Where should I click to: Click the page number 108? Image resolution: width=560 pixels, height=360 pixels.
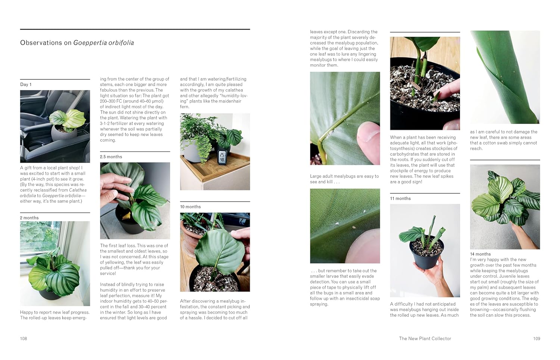click(24, 338)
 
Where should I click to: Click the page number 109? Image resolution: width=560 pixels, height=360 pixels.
click(536, 338)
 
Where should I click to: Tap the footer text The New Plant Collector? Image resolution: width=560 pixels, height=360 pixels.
click(425, 338)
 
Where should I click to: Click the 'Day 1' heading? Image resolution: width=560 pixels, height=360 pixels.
click(26, 84)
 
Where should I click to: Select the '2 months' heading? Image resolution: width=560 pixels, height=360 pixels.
click(29, 218)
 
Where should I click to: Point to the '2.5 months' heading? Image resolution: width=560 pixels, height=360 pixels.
click(111, 157)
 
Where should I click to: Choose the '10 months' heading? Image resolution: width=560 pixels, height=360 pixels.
click(190, 207)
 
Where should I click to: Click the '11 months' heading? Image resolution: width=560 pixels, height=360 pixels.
click(400, 199)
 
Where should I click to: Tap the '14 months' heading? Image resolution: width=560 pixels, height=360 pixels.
click(480, 254)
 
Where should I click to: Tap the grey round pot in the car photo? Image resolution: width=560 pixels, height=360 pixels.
click(64, 135)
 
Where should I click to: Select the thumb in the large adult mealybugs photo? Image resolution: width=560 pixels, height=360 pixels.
click(369, 144)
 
